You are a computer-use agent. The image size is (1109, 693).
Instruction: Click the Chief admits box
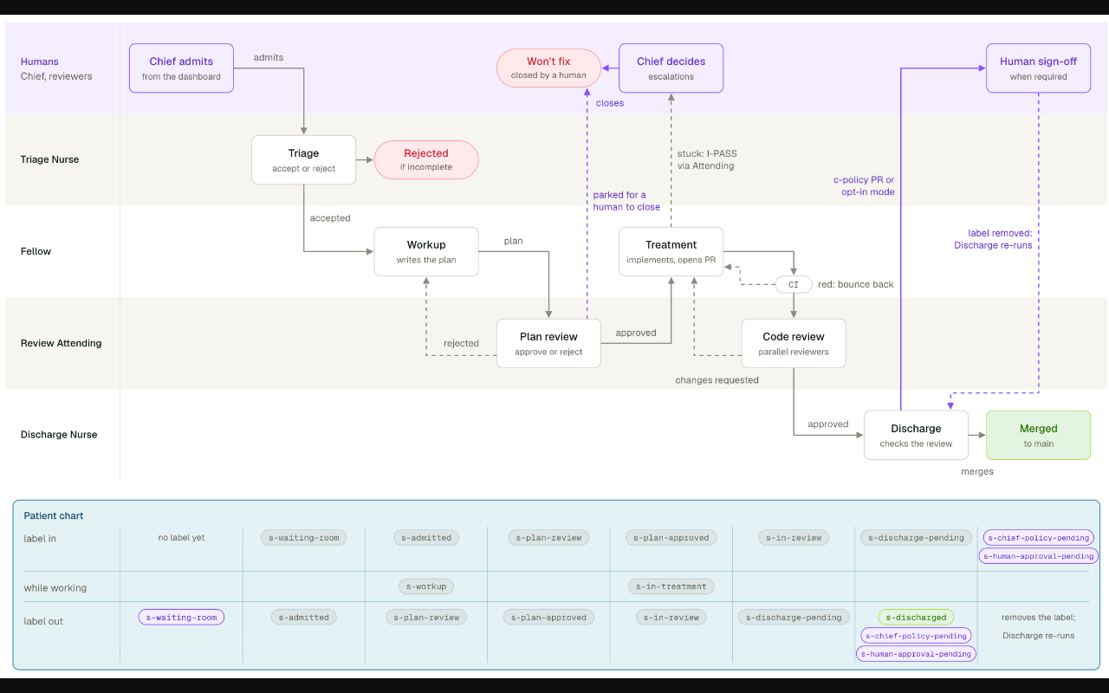[x=181, y=68]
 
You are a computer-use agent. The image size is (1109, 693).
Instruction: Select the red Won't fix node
[x=548, y=68]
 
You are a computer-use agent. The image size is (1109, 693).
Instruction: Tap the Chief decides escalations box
[x=671, y=68]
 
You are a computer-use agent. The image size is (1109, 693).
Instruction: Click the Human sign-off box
[x=1038, y=68]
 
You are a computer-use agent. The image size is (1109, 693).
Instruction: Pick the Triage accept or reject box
[x=303, y=160]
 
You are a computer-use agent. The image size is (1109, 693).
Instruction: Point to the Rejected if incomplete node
[x=426, y=160]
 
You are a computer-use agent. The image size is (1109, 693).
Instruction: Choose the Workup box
[x=426, y=251]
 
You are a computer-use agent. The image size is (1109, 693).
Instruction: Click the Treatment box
[x=671, y=251]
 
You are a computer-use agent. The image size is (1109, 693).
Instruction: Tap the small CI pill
[x=794, y=285]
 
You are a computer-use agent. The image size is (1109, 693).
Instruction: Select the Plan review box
[x=548, y=344]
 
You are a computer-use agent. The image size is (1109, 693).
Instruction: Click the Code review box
[x=794, y=344]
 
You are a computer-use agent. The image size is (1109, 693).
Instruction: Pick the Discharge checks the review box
[x=916, y=435]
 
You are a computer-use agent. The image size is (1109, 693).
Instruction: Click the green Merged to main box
[x=1038, y=435]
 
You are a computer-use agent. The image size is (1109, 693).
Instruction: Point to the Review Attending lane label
[x=61, y=343]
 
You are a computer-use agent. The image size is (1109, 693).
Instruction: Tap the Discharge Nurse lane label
[x=59, y=435]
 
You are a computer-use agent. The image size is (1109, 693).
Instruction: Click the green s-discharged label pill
[x=916, y=618]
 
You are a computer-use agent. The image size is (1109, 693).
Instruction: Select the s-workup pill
[x=426, y=586]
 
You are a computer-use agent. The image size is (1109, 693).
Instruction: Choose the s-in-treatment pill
[x=671, y=586]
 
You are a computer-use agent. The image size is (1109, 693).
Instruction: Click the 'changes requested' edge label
[x=717, y=380]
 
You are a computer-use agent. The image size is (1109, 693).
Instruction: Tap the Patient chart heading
[x=54, y=515]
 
